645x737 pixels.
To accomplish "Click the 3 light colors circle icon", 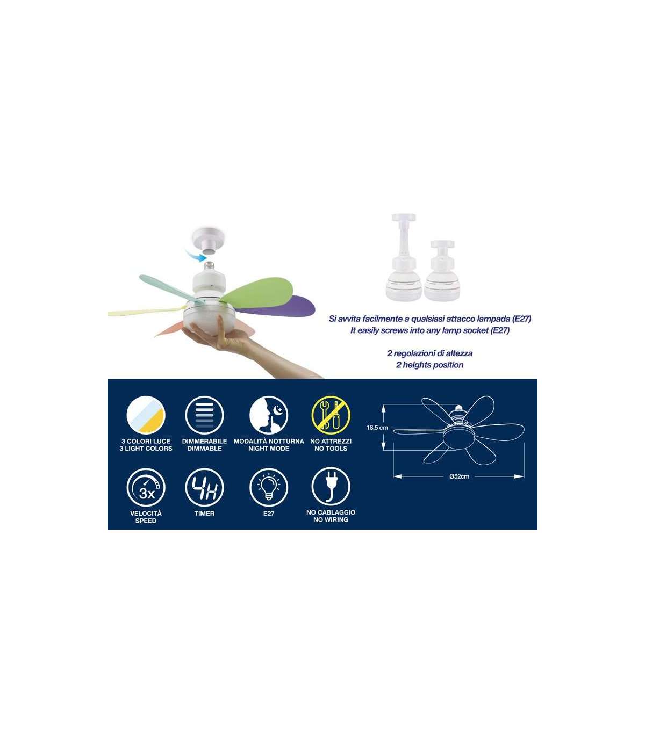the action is (x=146, y=415).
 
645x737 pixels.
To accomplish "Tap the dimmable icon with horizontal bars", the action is (x=204, y=415).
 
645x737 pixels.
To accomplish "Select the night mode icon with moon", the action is (x=268, y=415).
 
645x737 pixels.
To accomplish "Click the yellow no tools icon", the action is (x=331, y=415).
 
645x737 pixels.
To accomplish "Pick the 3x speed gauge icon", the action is (x=146, y=488).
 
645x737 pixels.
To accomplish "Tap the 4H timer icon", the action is (x=204, y=488).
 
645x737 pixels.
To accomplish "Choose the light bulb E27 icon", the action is (x=268, y=488).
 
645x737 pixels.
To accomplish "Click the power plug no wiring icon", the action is (x=331, y=488).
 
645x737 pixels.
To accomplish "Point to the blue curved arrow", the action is (x=196, y=254).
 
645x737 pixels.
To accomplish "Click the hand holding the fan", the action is (x=252, y=348).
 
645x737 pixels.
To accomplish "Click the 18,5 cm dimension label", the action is (x=377, y=428).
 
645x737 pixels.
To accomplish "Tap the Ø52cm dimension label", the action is (x=460, y=476).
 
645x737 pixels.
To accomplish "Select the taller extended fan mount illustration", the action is (x=404, y=257).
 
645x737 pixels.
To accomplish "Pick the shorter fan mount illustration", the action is (x=442, y=270).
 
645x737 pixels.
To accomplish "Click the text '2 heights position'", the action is (x=429, y=365).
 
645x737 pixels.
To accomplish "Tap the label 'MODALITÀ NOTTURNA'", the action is (x=269, y=441).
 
